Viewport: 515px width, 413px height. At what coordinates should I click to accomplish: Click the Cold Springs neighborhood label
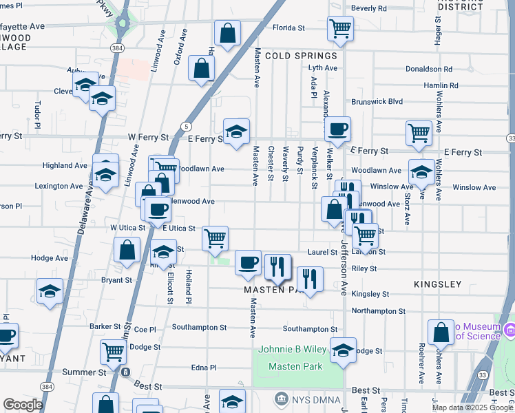pyautogui.click(x=301, y=56)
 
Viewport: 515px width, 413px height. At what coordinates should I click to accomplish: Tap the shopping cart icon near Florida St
pyautogui.click(x=340, y=29)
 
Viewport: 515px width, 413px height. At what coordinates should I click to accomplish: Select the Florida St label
pyautogui.click(x=288, y=28)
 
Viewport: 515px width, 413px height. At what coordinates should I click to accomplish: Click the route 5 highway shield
pyautogui.click(x=186, y=126)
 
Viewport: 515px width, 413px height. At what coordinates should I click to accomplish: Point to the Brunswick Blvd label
pyautogui.click(x=377, y=101)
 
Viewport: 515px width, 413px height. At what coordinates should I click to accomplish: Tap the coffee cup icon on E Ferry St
pyautogui.click(x=337, y=129)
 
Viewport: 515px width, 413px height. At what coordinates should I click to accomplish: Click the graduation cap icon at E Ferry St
pyautogui.click(x=236, y=131)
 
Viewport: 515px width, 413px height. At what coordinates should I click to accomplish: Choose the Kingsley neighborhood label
pyautogui.click(x=438, y=284)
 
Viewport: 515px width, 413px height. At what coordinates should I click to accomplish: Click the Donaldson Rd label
pyautogui.click(x=428, y=70)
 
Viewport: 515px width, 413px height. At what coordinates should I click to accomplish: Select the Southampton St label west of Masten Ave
pyautogui.click(x=199, y=328)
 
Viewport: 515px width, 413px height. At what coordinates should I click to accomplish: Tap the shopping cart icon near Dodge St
pyautogui.click(x=113, y=352)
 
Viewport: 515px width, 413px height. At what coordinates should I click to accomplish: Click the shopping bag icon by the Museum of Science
pyautogui.click(x=441, y=332)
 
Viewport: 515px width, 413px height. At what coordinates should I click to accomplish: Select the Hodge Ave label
pyautogui.click(x=50, y=258)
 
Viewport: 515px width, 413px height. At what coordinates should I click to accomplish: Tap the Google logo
pyautogui.click(x=23, y=405)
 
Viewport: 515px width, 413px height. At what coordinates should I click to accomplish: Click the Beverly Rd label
pyautogui.click(x=369, y=8)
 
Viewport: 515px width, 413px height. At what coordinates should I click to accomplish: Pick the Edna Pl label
pyautogui.click(x=204, y=368)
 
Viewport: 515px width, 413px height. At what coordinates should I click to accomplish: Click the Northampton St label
pyautogui.click(x=378, y=311)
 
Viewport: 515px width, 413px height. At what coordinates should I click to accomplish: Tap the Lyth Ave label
pyautogui.click(x=323, y=68)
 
